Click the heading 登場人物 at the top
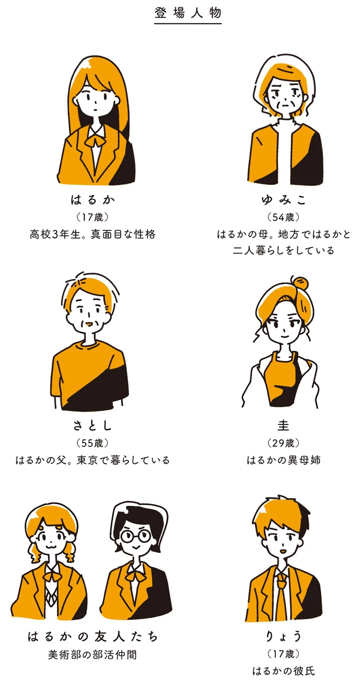[188, 13]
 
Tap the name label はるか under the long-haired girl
[93, 200]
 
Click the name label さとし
[93, 425]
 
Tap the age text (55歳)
[93, 443]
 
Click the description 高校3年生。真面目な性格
[93, 234]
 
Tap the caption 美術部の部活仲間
[93, 655]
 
